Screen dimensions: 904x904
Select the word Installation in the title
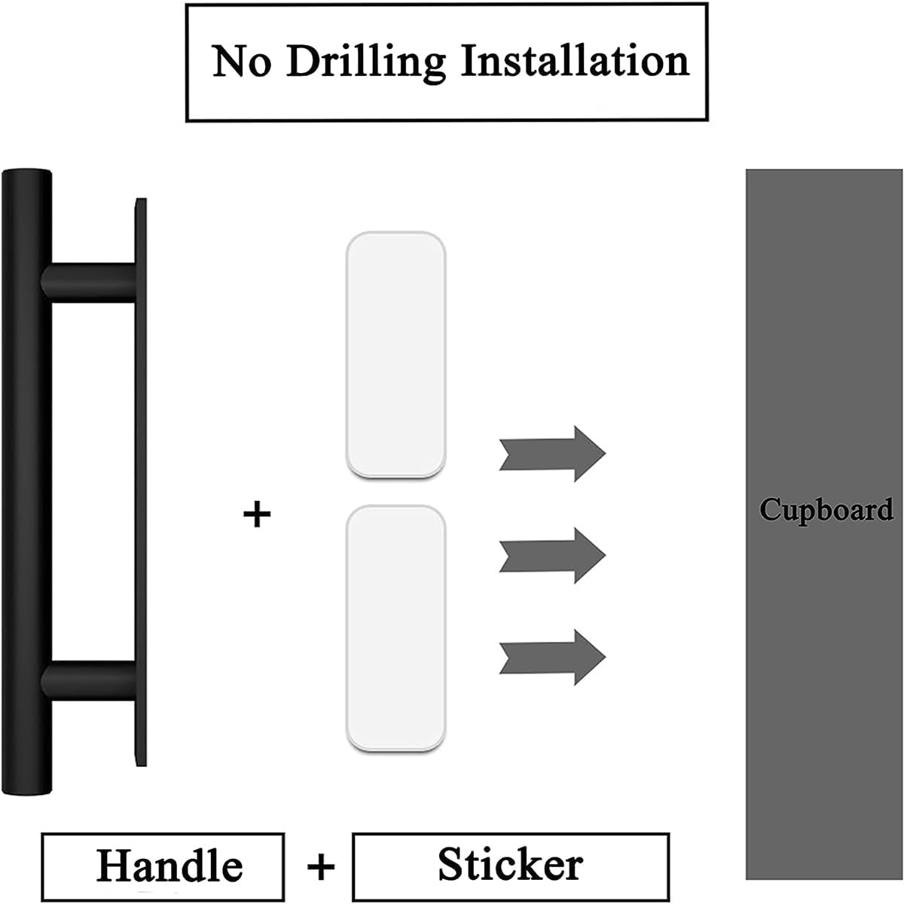pyautogui.click(x=574, y=60)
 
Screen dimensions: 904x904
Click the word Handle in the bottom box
pyautogui.click(x=169, y=866)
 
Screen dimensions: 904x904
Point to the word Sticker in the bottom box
pyautogui.click(x=510, y=864)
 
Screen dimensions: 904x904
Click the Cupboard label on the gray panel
pyautogui.click(x=826, y=510)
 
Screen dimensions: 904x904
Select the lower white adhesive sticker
pyautogui.click(x=395, y=629)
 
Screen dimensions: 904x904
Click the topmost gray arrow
pyautogui.click(x=552, y=454)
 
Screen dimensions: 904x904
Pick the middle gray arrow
pyautogui.click(x=552, y=555)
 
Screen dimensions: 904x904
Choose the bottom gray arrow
pyautogui.click(x=552, y=657)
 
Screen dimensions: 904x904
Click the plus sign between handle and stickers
pyautogui.click(x=257, y=515)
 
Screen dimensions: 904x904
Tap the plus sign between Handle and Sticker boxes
pyautogui.click(x=320, y=867)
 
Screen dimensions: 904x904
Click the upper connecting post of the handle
pyautogui.click(x=90, y=282)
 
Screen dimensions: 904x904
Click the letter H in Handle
pyautogui.click(x=111, y=866)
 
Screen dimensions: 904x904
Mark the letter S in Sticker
pyautogui.click(x=450, y=864)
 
